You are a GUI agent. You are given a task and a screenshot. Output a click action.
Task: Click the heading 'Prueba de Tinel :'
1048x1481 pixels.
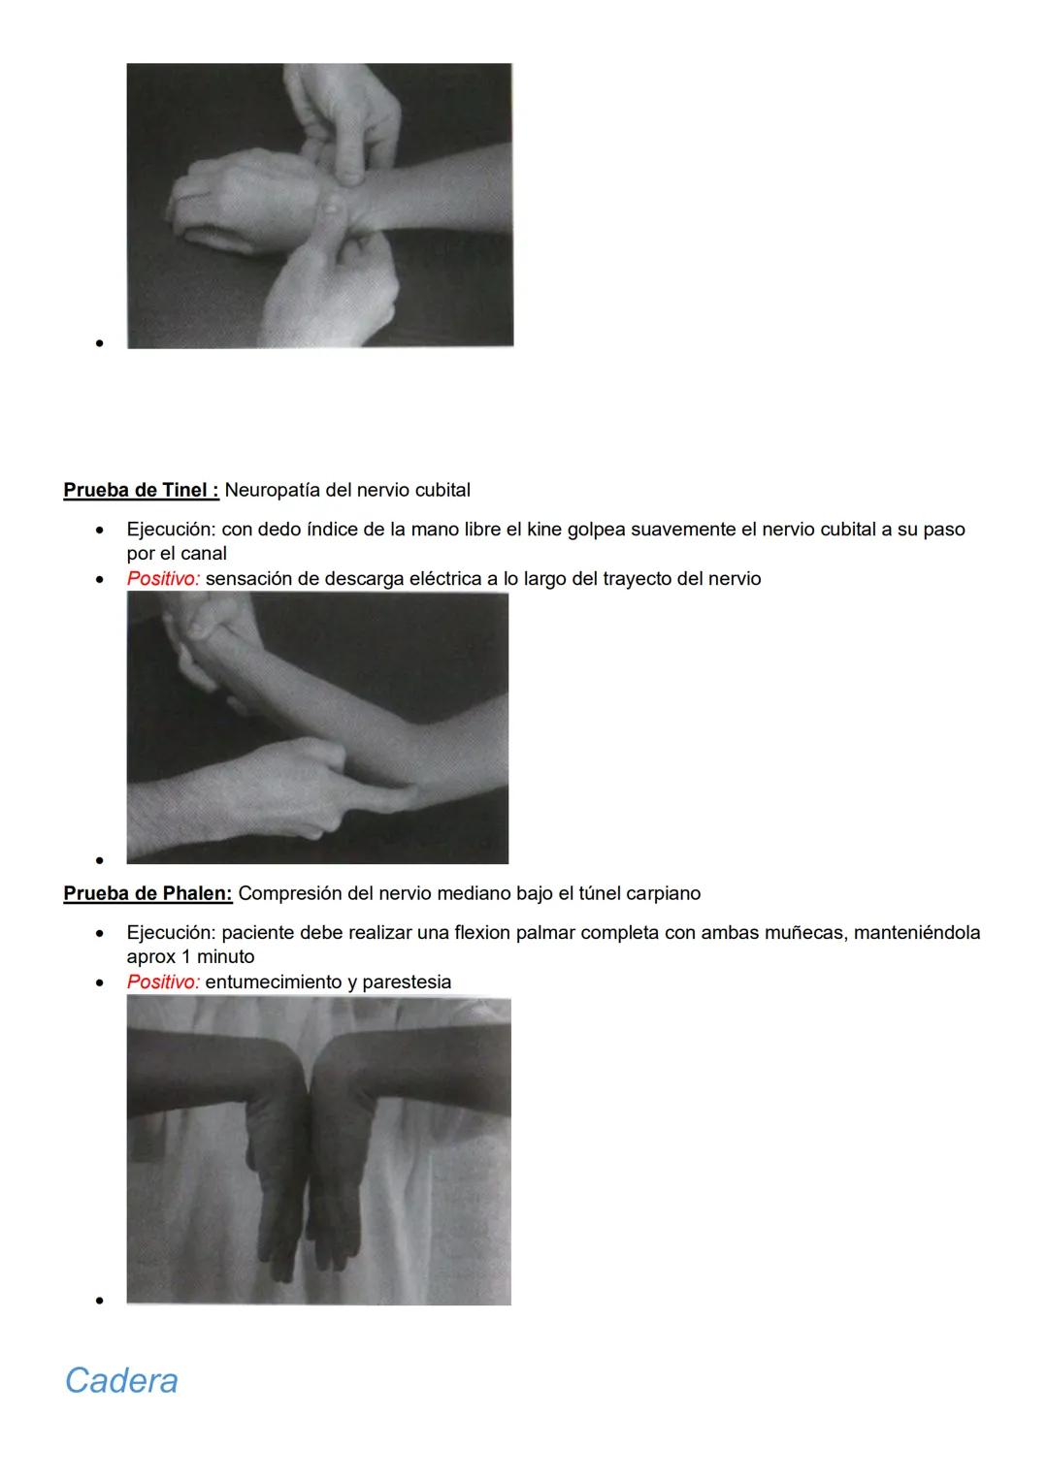pyautogui.click(x=141, y=490)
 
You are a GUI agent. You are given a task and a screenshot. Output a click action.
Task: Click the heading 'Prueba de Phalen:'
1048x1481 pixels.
pyautogui.click(x=147, y=892)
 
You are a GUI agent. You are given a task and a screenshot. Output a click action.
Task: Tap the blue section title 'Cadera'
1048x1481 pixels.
pyautogui.click(x=121, y=1380)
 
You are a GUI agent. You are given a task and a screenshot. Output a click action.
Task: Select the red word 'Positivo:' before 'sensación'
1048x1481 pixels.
pyautogui.click(x=163, y=579)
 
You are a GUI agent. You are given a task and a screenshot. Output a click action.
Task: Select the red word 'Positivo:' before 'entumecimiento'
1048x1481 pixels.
pyautogui.click(x=163, y=982)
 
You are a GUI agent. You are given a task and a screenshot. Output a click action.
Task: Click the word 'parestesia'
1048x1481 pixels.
pyautogui.click(x=407, y=982)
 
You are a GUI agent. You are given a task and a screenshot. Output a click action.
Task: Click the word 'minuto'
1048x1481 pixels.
pyautogui.click(x=225, y=956)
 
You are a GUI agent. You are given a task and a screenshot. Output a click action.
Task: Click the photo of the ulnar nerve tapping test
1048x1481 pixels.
pyautogui.click(x=317, y=727)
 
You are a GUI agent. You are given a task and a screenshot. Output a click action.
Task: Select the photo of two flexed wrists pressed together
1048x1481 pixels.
pyautogui.click(x=318, y=1149)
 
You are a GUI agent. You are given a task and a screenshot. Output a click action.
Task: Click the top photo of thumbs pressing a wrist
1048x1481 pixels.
pyautogui.click(x=319, y=206)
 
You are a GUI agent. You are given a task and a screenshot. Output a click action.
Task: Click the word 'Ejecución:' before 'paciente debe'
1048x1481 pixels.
pyautogui.click(x=171, y=932)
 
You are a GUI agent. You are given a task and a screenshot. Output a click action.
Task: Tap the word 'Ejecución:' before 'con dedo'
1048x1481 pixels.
pyautogui.click(x=171, y=530)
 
